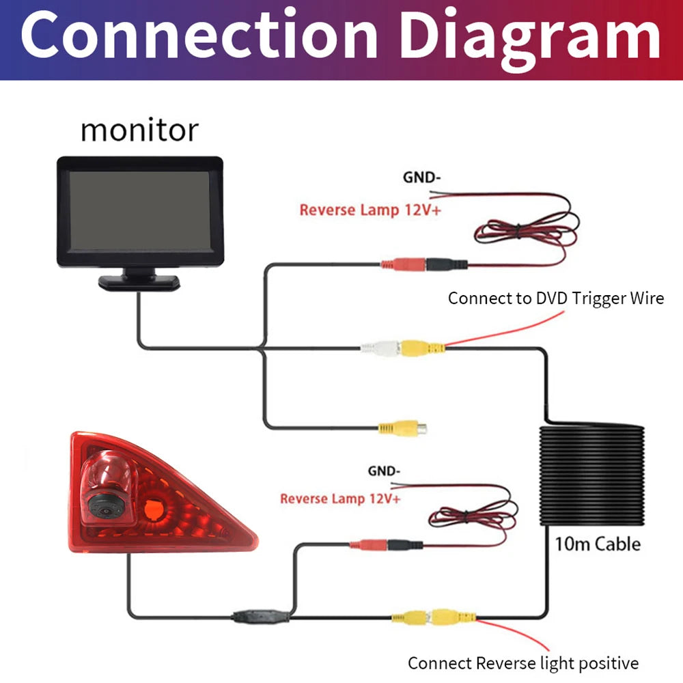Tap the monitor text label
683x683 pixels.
click(139, 130)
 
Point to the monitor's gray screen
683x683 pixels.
click(139, 210)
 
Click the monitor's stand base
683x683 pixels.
click(139, 281)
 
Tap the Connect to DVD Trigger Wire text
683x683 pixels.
click(555, 298)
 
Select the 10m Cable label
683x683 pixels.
click(597, 544)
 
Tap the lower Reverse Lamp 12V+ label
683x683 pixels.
click(340, 499)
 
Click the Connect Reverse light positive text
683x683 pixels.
click(522, 663)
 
